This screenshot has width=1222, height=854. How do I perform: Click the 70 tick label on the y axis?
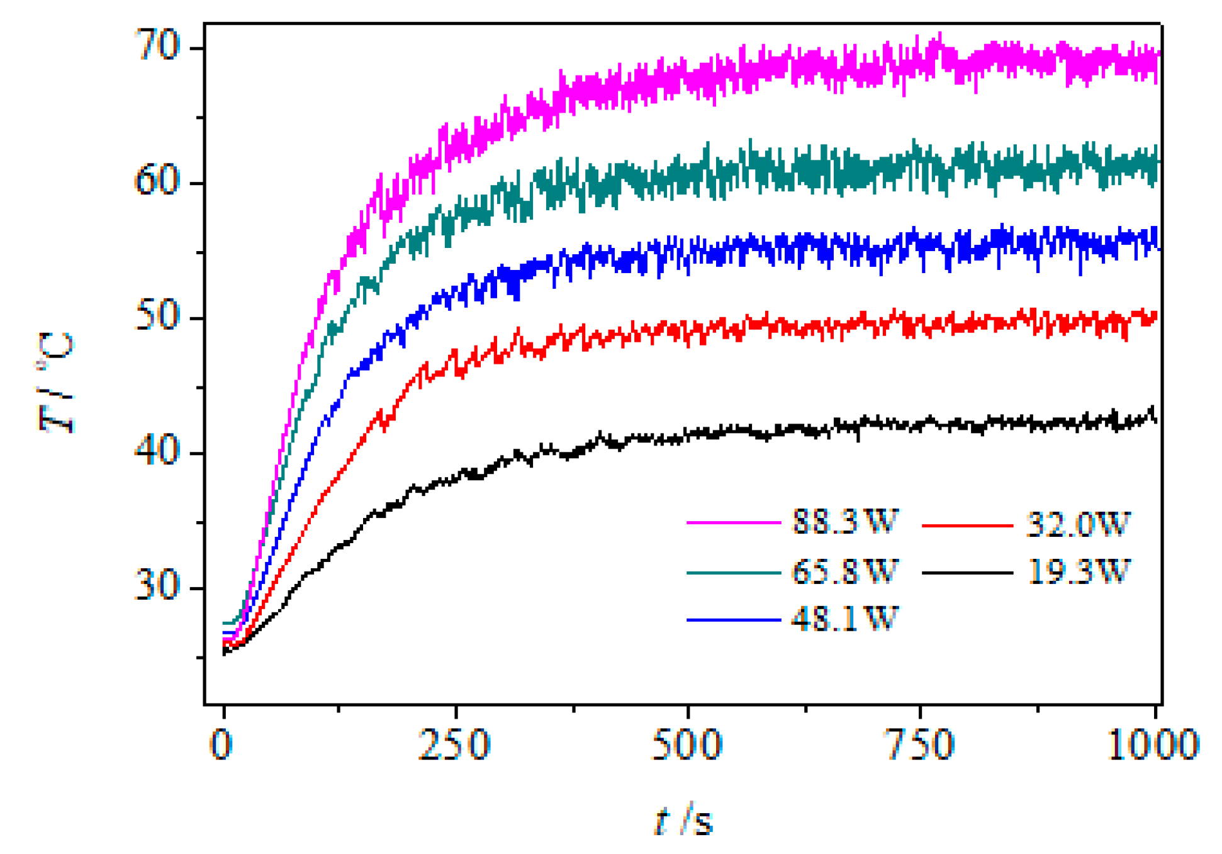[x=157, y=47]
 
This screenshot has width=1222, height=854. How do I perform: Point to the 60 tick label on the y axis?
[x=157, y=182]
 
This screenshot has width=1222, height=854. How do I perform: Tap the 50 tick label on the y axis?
[x=157, y=317]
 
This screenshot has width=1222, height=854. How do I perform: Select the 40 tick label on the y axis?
[x=157, y=452]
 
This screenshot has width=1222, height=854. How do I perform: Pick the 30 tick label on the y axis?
[x=157, y=587]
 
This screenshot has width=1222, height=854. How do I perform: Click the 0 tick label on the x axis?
[x=221, y=745]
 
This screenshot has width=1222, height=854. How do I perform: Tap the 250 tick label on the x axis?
[x=454, y=745]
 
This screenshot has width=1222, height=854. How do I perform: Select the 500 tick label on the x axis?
[x=687, y=745]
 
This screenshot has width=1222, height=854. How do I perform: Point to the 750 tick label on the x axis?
[x=920, y=745]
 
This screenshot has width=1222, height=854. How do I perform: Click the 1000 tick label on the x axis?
[x=1153, y=745]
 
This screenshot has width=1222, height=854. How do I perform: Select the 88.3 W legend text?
[x=844, y=522]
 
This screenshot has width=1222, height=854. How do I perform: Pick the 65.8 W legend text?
[x=844, y=571]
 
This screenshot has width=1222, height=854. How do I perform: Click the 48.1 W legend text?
[x=844, y=619]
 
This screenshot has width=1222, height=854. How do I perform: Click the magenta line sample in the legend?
[x=734, y=522]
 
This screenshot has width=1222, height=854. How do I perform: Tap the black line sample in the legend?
[x=967, y=573]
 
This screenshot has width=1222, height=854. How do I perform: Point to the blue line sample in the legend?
[x=734, y=620]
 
